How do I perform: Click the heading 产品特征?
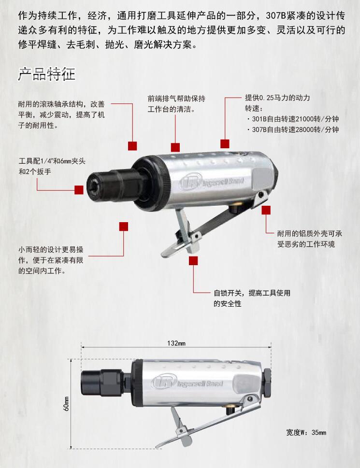coord(46,74)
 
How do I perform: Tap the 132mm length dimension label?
coord(176,343)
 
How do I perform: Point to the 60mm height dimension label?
coord(66,404)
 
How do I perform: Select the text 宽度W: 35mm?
coord(306,432)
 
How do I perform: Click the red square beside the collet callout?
coord(79,190)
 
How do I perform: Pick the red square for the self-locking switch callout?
coord(193,261)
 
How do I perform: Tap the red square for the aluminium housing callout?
coord(266,210)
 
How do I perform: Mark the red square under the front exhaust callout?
coord(175,147)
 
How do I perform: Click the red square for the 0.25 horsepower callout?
coord(225,143)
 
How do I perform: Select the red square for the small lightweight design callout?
coord(124,227)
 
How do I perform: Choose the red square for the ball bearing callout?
coord(132,146)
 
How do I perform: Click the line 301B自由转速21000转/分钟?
coord(293,119)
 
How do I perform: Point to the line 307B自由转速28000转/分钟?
coord(293,129)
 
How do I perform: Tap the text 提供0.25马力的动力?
coord(277,98)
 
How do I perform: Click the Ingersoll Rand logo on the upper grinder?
coord(212,182)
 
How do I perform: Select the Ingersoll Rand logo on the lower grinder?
coord(187,383)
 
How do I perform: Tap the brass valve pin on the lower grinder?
coord(230,409)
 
